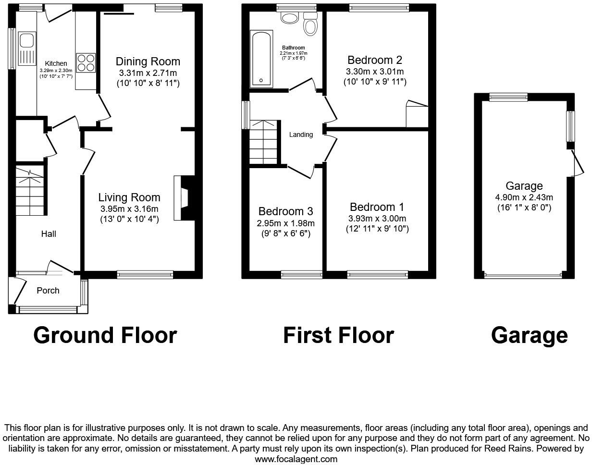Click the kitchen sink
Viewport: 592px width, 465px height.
tap(26, 48)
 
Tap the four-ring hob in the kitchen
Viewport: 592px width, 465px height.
tap(86, 62)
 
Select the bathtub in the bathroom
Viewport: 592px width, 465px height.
tap(261, 59)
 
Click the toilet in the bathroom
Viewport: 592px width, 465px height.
tap(310, 24)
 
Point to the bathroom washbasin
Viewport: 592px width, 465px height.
tap(289, 18)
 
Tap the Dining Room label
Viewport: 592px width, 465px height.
tap(148, 61)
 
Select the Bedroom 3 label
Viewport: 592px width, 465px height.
tap(285, 211)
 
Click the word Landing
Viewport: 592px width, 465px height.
tap(301, 135)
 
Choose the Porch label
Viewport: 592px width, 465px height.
tap(48, 291)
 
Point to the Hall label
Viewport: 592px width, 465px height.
tap(49, 234)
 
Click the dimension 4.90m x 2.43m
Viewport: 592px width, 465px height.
tap(524, 197)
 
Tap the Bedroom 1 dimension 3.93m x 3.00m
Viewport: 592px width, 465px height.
tap(377, 219)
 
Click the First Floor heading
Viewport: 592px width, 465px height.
tap(338, 335)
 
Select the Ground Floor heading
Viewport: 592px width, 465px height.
tap(105, 335)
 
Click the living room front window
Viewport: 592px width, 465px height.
tap(145, 274)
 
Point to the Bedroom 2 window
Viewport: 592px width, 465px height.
tap(379, 7)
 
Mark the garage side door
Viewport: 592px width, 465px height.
tap(577, 162)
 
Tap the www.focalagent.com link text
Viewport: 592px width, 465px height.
tap(296, 459)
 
